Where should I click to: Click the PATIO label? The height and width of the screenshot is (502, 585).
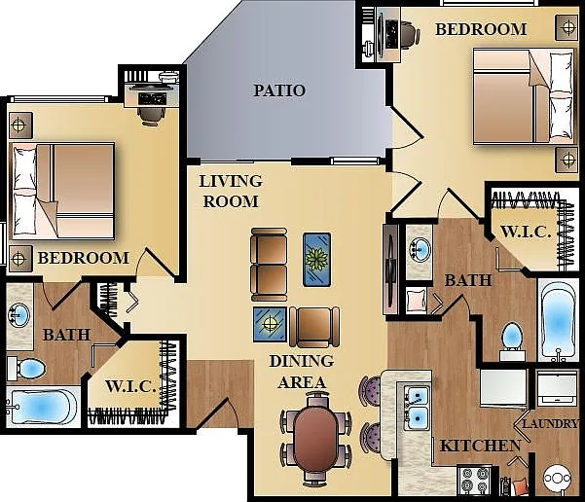coord(279,90)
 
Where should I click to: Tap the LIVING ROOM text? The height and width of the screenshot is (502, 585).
coord(231,192)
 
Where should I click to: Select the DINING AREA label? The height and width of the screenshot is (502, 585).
coord(302,372)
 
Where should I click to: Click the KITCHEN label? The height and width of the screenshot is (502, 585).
coord(481,446)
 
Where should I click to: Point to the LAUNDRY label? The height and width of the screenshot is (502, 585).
coord(550,423)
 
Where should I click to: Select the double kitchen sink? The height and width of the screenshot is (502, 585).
coord(418,408)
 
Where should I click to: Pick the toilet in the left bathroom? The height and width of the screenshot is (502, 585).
coord(27,368)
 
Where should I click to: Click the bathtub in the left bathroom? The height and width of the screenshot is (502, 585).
coord(43,407)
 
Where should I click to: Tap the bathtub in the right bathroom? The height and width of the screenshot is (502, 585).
coord(558,320)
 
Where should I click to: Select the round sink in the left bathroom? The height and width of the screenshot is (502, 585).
coord(18,315)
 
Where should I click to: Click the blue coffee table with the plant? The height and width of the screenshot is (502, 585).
coord(316,260)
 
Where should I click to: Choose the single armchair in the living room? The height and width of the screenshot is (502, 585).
coord(314,327)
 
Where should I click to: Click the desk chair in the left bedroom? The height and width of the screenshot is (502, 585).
coord(151,116)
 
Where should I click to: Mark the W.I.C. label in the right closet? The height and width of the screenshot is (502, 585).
coord(526,232)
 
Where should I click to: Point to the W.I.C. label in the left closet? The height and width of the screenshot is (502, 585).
coord(130,386)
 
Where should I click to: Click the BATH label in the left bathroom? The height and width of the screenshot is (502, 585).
coord(67,335)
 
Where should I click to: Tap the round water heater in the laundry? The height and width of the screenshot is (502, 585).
coord(557,478)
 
